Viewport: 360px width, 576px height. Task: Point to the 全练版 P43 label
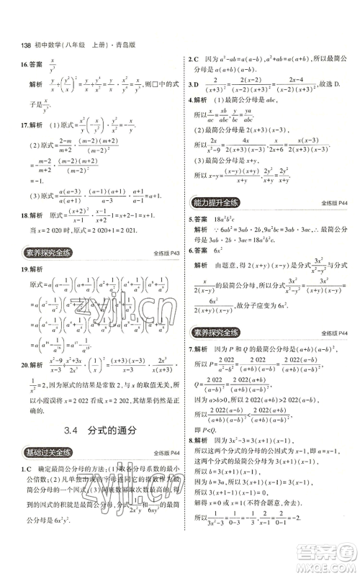click(x=167, y=253)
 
